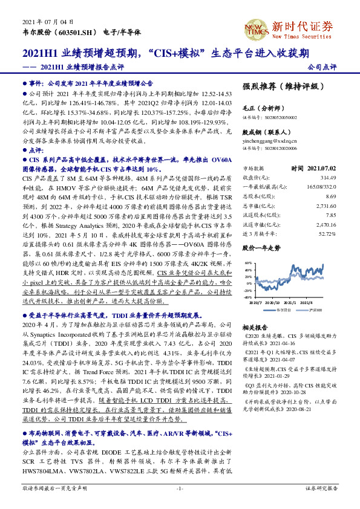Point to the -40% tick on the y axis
pyautogui.click(x=246, y=297)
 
